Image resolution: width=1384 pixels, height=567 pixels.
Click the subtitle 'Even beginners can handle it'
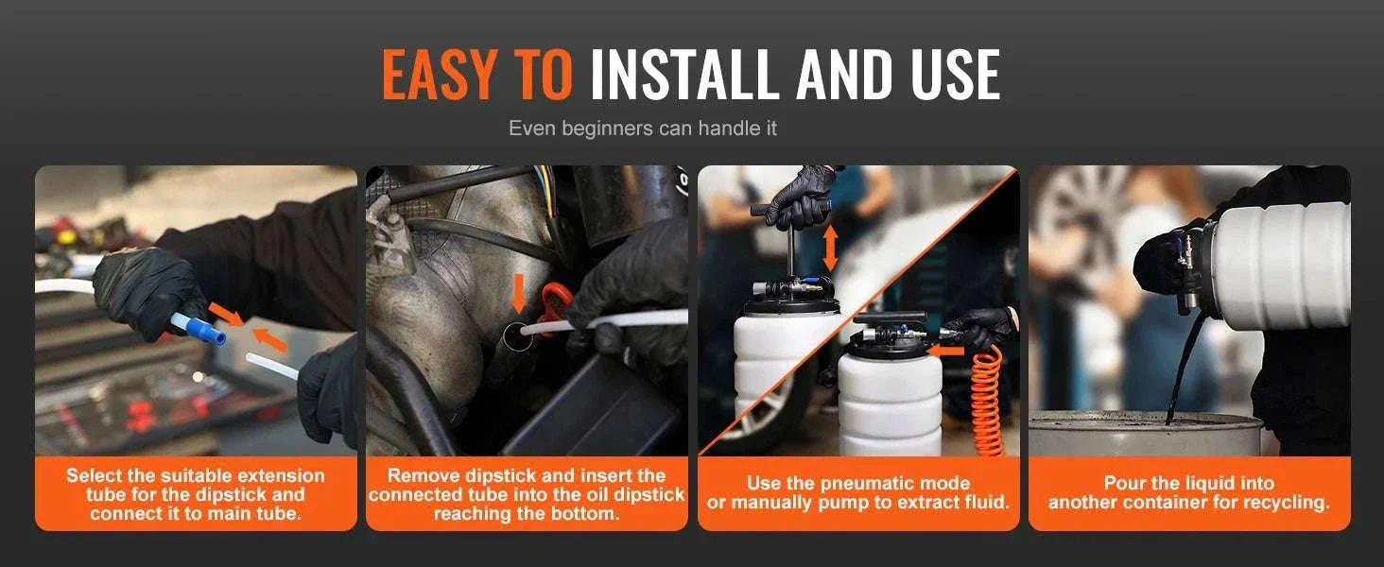643,129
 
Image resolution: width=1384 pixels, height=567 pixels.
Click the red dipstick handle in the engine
552,301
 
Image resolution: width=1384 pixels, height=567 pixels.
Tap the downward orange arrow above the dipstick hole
519,294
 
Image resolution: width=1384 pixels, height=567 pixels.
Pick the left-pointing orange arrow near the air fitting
946,352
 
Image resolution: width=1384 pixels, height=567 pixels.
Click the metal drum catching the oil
1144,434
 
